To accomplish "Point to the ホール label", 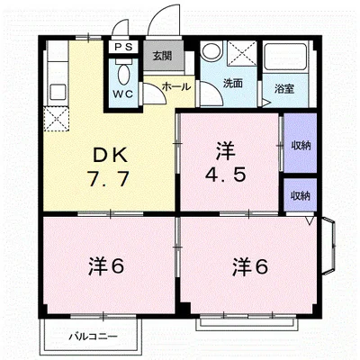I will coord(175,86).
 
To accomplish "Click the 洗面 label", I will coord(233,85).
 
